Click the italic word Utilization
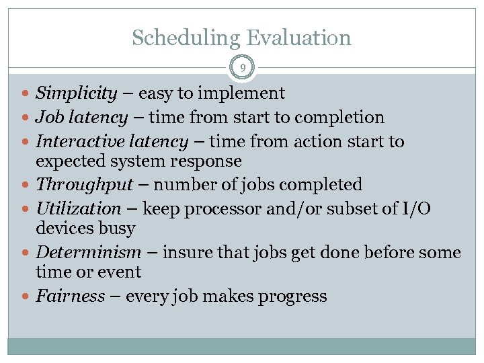pos(78,208)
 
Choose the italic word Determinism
pos(88,252)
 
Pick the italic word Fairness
pos(70,296)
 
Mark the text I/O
pos(416,208)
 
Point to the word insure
pos(184,252)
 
